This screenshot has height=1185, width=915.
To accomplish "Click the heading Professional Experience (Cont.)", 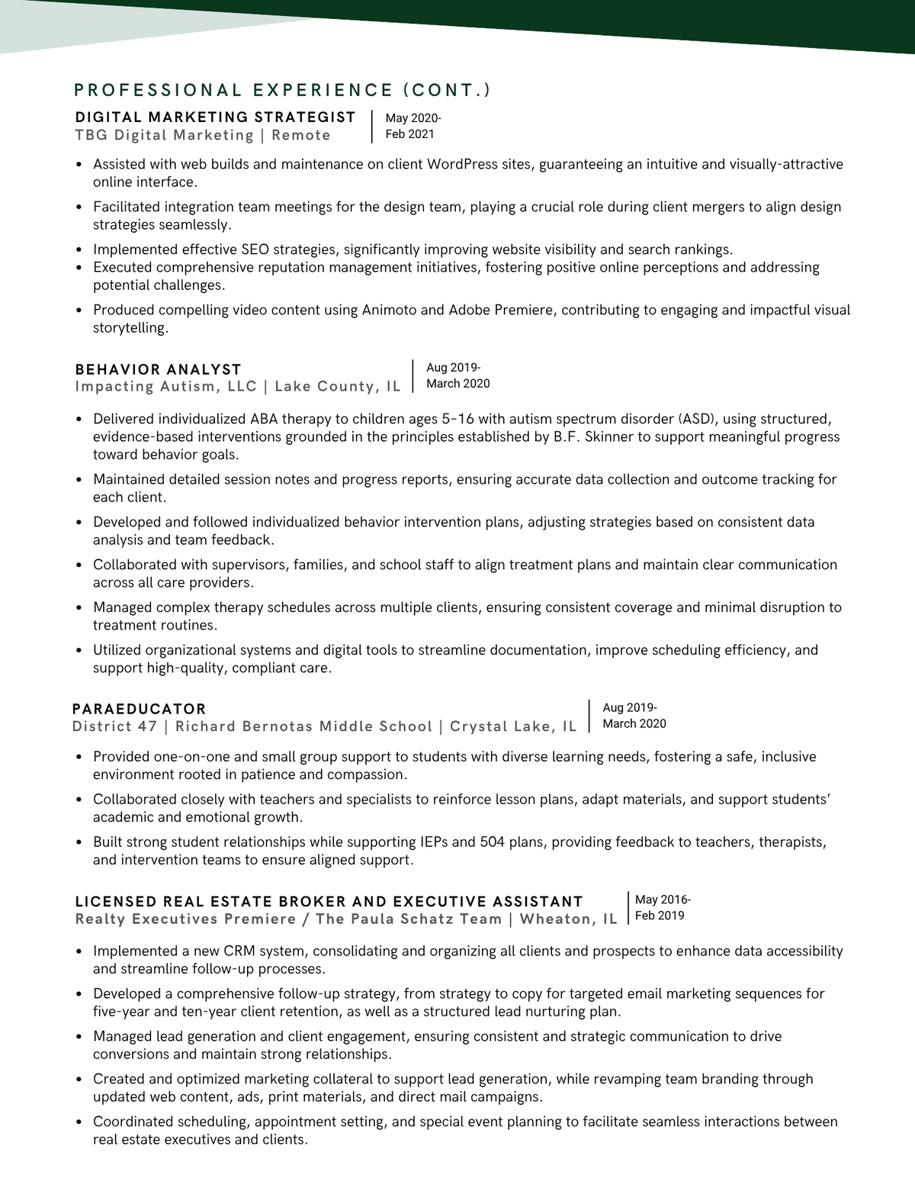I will coord(282,90).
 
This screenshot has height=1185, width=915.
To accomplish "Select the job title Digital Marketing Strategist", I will coord(215,117).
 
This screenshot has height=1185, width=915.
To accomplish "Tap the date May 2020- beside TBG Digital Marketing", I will coord(413,118).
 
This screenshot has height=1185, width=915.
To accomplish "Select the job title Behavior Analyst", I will coord(158,369).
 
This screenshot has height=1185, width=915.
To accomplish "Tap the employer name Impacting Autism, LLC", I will coord(165,386).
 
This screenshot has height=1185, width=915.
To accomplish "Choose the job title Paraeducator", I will coord(139,709).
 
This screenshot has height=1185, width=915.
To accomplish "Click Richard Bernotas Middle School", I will coord(303,726).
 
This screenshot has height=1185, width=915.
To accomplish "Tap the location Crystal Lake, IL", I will coord(513,726).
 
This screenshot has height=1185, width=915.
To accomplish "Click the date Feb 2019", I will coord(660,916).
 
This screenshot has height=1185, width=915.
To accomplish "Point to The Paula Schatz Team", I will coord(408,919).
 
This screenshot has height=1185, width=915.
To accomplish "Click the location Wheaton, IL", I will coord(568,919).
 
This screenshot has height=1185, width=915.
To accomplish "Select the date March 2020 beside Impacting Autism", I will coord(457,384).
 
